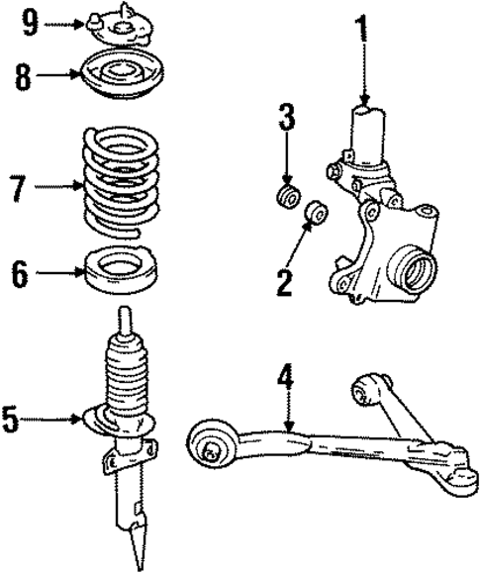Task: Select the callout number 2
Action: [286, 282]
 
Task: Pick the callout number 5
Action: [11, 421]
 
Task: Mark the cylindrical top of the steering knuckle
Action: [367, 134]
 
